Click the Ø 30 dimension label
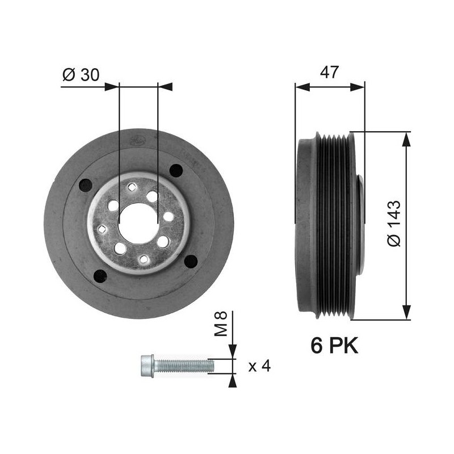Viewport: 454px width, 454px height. pyautogui.click(x=81, y=75)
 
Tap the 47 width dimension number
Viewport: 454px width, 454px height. pyautogui.click(x=329, y=73)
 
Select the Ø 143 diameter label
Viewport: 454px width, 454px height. pyautogui.click(x=394, y=223)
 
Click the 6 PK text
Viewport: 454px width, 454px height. pyautogui.click(x=334, y=345)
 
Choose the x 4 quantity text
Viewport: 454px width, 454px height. pyautogui.click(x=259, y=366)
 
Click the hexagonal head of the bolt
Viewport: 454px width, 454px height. pyautogui.click(x=148, y=365)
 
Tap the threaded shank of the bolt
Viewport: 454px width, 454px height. pyautogui.click(x=184, y=365)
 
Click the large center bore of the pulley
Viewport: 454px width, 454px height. pyautogui.click(x=138, y=223)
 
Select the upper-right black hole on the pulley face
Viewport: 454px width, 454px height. pyautogui.click(x=176, y=171)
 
